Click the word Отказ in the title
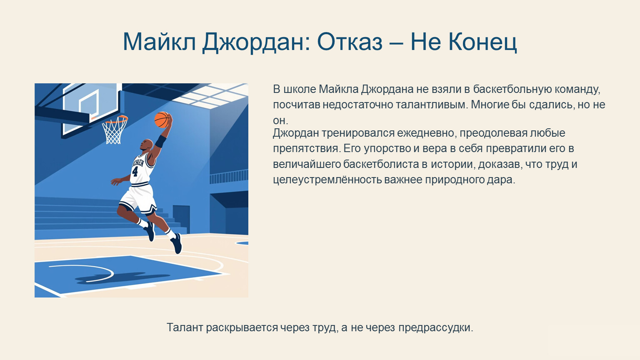(350, 42)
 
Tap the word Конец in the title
(482, 42)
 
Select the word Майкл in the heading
(160, 42)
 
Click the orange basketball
(162, 120)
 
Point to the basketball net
(115, 130)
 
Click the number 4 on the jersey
(135, 171)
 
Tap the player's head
(146, 145)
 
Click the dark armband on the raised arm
(160, 141)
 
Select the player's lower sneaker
(176, 243)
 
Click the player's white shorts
(139, 199)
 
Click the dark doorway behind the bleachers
(181, 219)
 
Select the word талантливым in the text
(430, 105)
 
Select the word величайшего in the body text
(307, 164)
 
